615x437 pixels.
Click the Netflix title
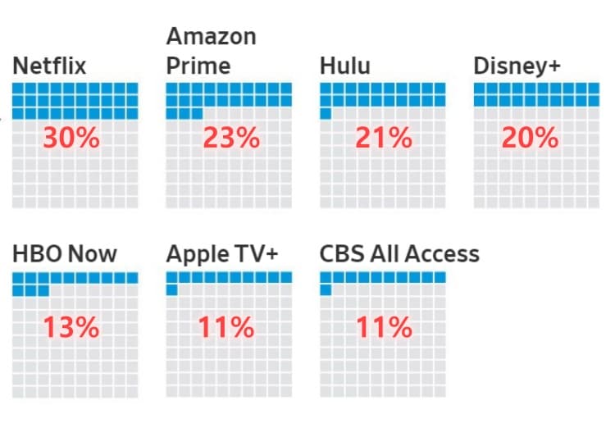pyautogui.click(x=49, y=66)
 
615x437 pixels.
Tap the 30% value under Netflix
pyautogui.click(x=71, y=138)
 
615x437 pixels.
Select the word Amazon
pyautogui.click(x=211, y=37)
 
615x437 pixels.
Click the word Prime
pyautogui.click(x=198, y=66)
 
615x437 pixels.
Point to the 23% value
pyautogui.click(x=230, y=138)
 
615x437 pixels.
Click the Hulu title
pyautogui.click(x=344, y=66)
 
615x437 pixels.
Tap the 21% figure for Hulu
pyautogui.click(x=383, y=138)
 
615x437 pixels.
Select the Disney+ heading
pyautogui.click(x=517, y=66)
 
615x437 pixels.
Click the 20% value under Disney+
pyautogui.click(x=530, y=138)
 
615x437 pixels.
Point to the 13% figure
pyautogui.click(x=71, y=328)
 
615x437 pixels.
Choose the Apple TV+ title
pyautogui.click(x=222, y=254)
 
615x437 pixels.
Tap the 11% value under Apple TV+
pyautogui.click(x=225, y=328)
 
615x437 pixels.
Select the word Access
pyautogui.click(x=443, y=254)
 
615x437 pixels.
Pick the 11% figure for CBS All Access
pyautogui.click(x=383, y=328)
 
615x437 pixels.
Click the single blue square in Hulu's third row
pyautogui.click(x=326, y=114)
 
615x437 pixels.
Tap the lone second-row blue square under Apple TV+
pyautogui.click(x=172, y=290)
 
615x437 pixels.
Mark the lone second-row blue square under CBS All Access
pyautogui.click(x=326, y=290)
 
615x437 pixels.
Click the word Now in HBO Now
pyautogui.click(x=91, y=254)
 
